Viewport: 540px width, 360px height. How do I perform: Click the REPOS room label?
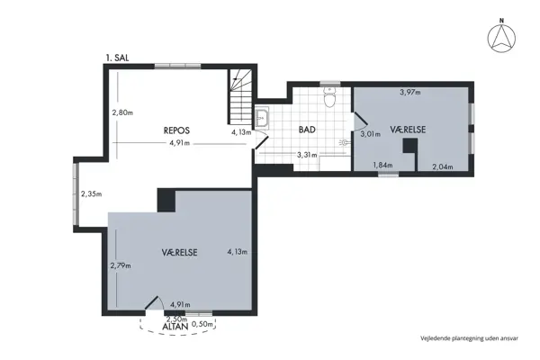tap(176, 130)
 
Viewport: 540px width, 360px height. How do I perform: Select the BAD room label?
tap(307, 130)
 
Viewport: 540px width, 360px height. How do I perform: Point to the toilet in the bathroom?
tap(330, 101)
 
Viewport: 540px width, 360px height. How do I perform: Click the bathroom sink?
tap(264, 117)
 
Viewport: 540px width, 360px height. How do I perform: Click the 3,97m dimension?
tap(411, 92)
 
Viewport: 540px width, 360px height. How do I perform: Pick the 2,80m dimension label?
tap(122, 112)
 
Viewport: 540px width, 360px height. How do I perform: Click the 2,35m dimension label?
tap(91, 193)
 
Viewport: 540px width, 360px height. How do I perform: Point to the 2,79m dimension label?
tap(121, 265)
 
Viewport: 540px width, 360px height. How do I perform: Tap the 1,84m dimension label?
tap(382, 166)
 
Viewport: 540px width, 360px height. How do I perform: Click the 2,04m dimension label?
tap(442, 166)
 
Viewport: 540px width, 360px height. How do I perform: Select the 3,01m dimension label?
tap(370, 134)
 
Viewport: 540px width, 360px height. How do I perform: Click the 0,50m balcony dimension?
tap(203, 323)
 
